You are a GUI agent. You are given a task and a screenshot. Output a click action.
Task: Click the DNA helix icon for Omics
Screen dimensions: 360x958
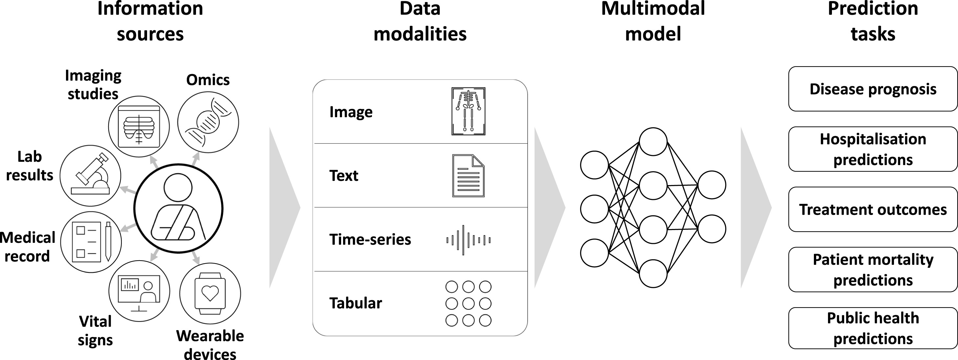pos(208,122)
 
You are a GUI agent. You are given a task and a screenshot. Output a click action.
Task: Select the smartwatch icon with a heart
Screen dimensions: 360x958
pos(210,293)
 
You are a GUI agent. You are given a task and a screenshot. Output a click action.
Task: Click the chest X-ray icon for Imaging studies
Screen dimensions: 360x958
pos(139,126)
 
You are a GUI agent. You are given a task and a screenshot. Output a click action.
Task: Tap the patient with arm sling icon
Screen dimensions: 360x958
pos(178,208)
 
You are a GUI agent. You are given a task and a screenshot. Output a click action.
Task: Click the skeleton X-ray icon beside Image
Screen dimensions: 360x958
pos(468,111)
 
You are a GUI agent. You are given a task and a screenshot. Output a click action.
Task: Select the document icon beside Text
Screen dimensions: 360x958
pos(468,176)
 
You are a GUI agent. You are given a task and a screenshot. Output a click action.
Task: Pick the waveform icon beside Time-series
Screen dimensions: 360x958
pos(468,240)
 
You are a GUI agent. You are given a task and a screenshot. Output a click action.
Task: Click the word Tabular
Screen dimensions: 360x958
pos(356,303)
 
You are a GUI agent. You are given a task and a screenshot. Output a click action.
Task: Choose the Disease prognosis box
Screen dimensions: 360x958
pos(872,89)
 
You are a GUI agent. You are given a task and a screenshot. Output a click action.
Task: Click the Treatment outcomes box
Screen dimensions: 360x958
pos(872,209)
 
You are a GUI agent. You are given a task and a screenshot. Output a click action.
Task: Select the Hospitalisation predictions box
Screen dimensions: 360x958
pos(872,149)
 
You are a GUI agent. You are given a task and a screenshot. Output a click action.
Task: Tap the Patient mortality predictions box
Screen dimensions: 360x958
pos(872,270)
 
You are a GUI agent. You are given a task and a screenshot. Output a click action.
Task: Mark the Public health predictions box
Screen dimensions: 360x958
pos(872,328)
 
